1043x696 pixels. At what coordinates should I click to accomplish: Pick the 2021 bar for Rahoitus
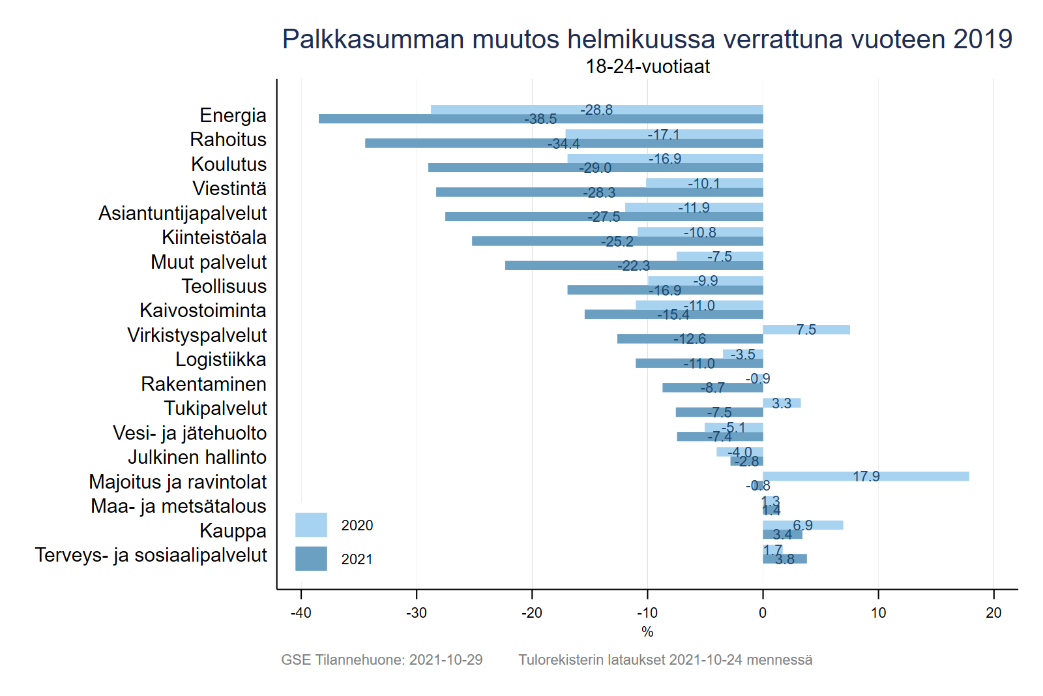[456, 144]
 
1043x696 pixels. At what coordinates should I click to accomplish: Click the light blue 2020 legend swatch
[311, 524]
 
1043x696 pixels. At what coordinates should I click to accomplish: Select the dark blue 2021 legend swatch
[311, 558]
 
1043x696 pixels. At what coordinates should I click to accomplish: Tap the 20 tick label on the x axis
[993, 613]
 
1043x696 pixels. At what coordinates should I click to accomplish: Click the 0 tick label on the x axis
[763, 613]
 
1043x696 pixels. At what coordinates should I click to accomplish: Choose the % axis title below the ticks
[647, 631]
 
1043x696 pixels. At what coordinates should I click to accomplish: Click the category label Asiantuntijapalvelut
[183, 213]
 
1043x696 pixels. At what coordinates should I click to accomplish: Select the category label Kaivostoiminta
[203, 310]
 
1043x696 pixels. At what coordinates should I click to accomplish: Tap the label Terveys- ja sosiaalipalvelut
[151, 555]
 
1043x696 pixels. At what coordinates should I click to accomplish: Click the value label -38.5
[540, 119]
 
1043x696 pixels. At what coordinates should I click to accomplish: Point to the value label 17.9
[866, 477]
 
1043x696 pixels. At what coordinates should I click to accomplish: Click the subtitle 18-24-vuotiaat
[647, 67]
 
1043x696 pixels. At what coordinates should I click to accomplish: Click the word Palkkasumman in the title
[372, 39]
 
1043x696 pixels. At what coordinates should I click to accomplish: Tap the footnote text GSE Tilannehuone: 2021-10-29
[381, 659]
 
